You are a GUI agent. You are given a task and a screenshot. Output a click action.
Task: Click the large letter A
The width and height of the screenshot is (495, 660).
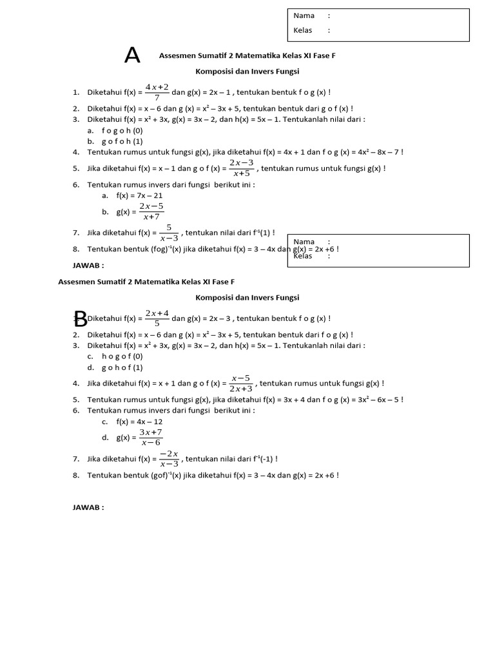(132, 56)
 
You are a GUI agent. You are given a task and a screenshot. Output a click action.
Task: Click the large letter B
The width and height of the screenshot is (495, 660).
(80, 318)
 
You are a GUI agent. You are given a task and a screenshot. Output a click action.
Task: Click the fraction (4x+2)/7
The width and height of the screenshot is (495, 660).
(157, 92)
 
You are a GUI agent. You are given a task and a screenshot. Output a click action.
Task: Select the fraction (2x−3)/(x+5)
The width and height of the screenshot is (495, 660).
(242, 168)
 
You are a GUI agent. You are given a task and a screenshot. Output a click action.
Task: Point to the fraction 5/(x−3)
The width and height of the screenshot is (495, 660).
(169, 233)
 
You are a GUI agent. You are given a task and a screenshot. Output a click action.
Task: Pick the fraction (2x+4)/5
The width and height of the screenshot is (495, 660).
(157, 318)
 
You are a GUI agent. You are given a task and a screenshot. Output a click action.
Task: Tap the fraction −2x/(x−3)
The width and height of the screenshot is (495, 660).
(169, 459)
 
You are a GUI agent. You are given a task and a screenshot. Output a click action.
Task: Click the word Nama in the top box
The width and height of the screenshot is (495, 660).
(304, 15)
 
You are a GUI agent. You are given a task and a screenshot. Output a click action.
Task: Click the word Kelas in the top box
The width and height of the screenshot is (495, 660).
(302, 30)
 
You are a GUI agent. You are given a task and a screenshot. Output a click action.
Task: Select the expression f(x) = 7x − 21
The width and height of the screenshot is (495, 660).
(139, 195)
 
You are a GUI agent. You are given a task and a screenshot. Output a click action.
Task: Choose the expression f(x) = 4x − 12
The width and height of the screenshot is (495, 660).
(139, 422)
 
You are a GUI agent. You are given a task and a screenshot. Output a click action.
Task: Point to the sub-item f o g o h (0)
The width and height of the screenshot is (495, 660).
(122, 130)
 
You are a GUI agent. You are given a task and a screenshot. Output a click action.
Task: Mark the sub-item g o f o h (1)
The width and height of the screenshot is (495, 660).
(122, 141)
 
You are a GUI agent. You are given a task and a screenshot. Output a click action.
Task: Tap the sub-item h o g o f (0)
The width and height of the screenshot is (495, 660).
(122, 356)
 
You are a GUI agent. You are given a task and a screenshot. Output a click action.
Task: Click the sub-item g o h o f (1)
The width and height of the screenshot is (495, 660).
(122, 367)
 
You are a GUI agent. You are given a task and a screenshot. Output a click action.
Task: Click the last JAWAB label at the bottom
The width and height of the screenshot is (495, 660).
(88, 507)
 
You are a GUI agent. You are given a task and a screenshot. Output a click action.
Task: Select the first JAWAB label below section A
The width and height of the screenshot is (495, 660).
(88, 265)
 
